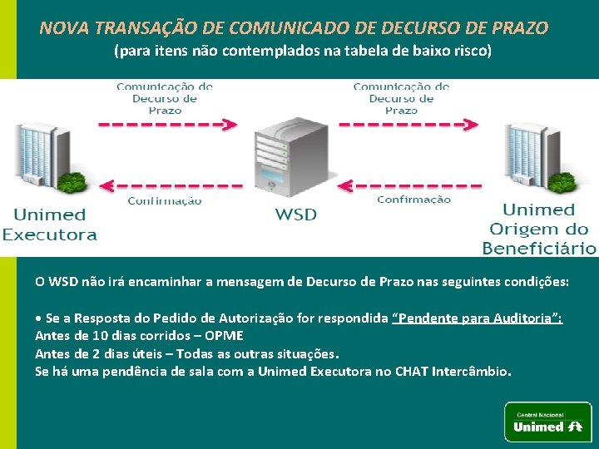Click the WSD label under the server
296,215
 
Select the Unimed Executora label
50,224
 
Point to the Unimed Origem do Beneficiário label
539,229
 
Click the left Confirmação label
165,201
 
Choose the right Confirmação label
413,200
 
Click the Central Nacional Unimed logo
548,422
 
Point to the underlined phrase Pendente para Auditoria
477,318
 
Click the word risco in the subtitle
472,51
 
